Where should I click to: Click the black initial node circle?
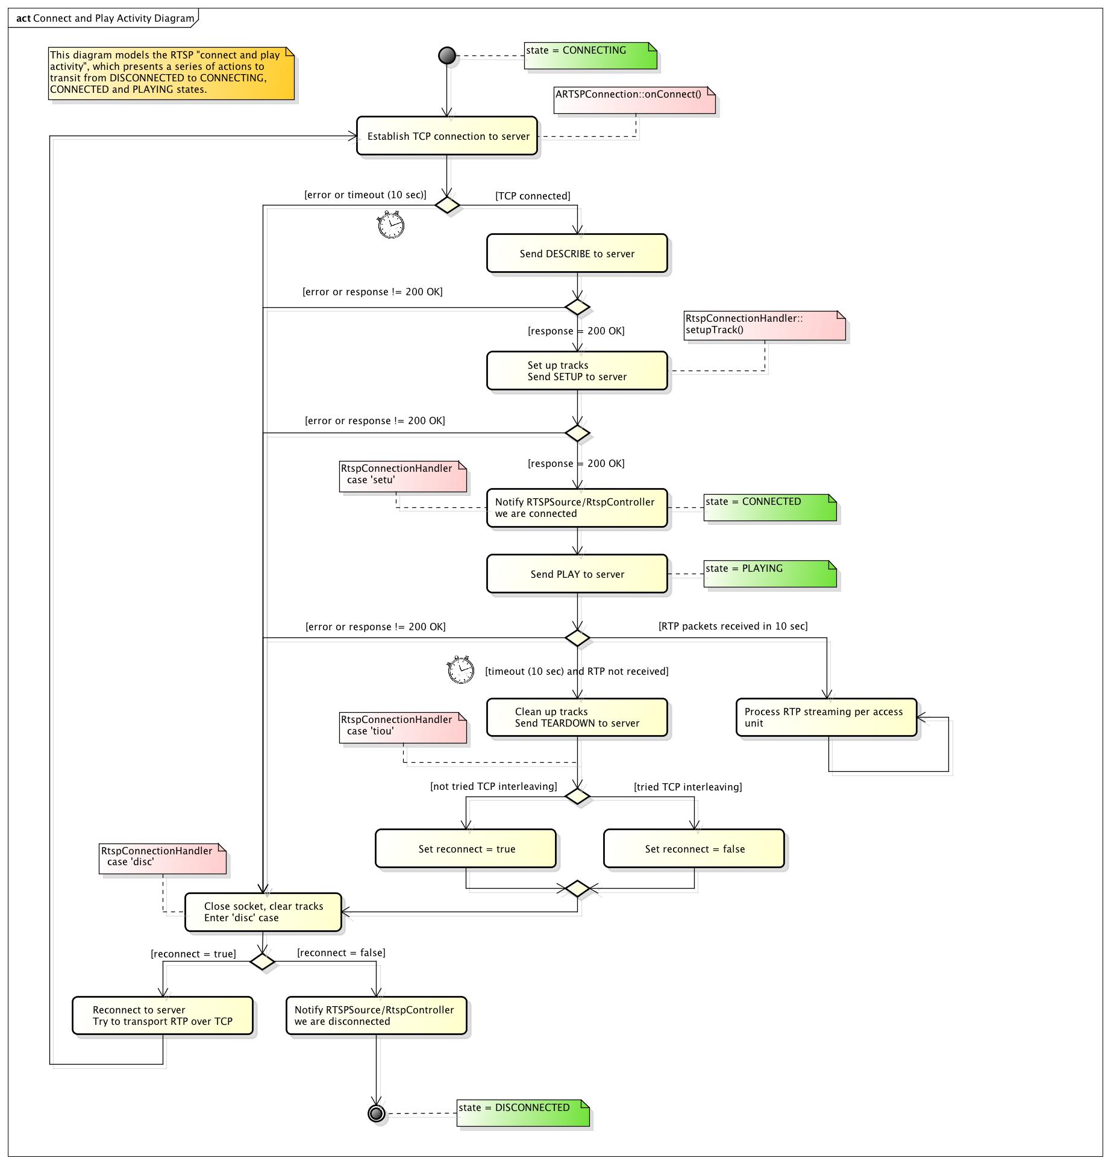[x=447, y=55]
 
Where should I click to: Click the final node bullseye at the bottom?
[x=377, y=1113]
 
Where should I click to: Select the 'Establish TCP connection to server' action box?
[x=446, y=136]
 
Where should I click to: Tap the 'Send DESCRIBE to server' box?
[x=577, y=253]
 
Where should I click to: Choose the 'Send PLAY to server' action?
[x=577, y=574]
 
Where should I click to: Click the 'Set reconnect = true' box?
[x=466, y=848]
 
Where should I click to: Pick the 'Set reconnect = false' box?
[x=694, y=848]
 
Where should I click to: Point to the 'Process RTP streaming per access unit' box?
[x=827, y=717]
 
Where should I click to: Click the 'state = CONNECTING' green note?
[x=590, y=55]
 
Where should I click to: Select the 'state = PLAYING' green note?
[x=770, y=574]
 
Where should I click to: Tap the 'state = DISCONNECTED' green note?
[x=523, y=1113]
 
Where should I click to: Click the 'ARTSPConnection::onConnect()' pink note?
[x=635, y=100]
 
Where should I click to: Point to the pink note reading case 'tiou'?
[x=403, y=728]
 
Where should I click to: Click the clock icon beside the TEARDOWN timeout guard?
[x=461, y=669]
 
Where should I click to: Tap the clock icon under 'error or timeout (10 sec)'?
[x=390, y=224]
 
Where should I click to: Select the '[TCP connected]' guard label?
[x=533, y=196]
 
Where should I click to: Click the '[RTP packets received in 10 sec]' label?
[x=733, y=626]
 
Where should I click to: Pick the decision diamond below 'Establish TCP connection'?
[x=447, y=205]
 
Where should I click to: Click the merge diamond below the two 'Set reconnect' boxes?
[x=577, y=888]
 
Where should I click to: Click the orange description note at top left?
[x=172, y=74]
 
